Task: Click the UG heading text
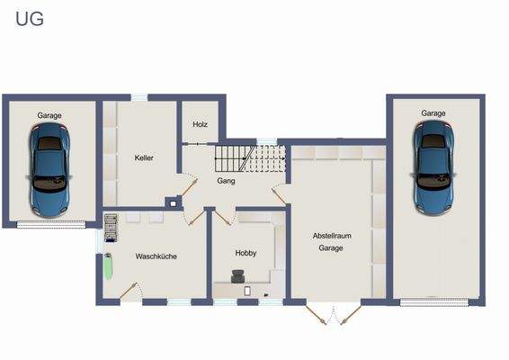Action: (x=29, y=18)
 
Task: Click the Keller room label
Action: (x=144, y=157)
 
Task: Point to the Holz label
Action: (x=200, y=124)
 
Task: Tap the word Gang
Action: (x=226, y=181)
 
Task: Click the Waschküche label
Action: (x=156, y=256)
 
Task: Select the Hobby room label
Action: (x=246, y=253)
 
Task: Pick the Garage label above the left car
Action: (x=49, y=115)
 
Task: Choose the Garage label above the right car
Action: (x=433, y=113)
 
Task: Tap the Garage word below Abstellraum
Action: (x=331, y=247)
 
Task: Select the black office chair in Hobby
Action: (x=237, y=278)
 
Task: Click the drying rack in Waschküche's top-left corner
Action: (x=111, y=227)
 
